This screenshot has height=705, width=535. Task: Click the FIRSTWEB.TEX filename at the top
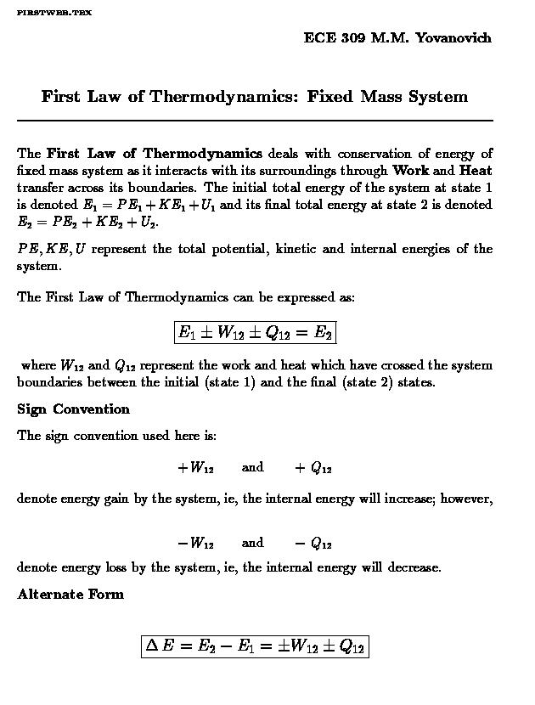54,14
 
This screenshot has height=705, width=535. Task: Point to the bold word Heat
475,170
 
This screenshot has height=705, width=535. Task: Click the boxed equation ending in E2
255,332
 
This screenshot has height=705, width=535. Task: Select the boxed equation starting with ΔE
255,646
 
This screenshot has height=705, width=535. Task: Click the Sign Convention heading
74,409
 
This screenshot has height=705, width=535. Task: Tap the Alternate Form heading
70,594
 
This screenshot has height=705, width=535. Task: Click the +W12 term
195,468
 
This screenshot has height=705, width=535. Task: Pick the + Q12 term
313,468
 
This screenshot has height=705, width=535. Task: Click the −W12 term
195,544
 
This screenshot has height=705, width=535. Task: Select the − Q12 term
313,544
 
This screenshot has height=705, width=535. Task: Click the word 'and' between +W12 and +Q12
252,467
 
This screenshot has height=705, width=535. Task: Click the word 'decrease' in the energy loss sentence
414,567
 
